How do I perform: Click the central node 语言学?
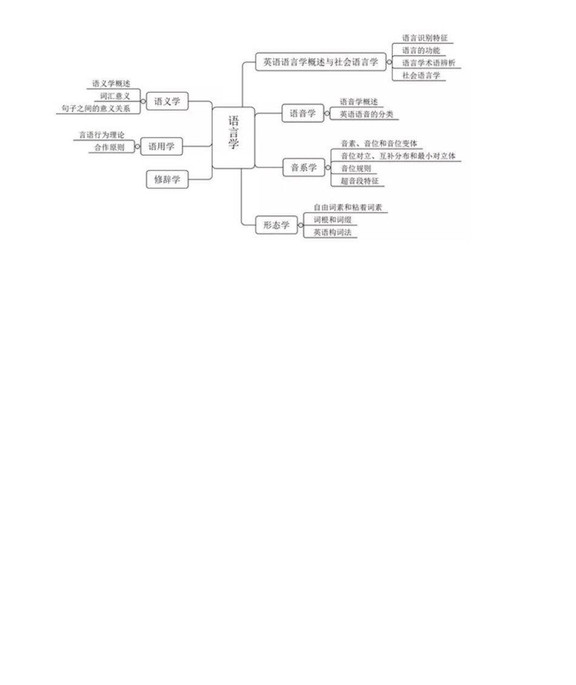pos(233,137)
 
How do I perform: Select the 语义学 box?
pos(167,101)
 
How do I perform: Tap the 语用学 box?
pos(161,146)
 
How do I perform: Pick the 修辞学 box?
pos(167,179)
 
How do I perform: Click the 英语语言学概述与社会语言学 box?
pos(320,61)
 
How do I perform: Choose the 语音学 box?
pos(303,113)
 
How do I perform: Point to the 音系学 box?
pos(304,167)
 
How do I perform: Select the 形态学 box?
pos(276,225)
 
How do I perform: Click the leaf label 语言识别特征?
pos(424,38)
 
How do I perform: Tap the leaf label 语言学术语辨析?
pos(428,62)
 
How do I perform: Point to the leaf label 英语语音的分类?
pos(366,113)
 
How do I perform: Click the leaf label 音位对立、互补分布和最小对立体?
pos(397,156)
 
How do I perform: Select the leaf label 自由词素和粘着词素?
pos(347,207)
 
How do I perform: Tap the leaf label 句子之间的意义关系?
pos(96,108)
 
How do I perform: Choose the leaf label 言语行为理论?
pos(101,135)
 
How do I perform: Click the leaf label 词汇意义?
pos(115,96)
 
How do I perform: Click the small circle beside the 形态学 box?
pos(301,225)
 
